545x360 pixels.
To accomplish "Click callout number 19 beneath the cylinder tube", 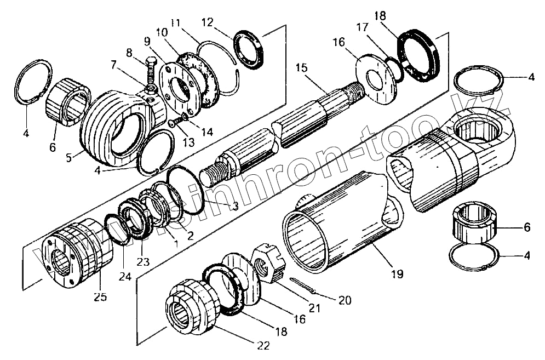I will pos(398,272).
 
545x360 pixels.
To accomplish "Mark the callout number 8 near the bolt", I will pos(129,53).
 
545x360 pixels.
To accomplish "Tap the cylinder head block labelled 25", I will pos(77,255).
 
